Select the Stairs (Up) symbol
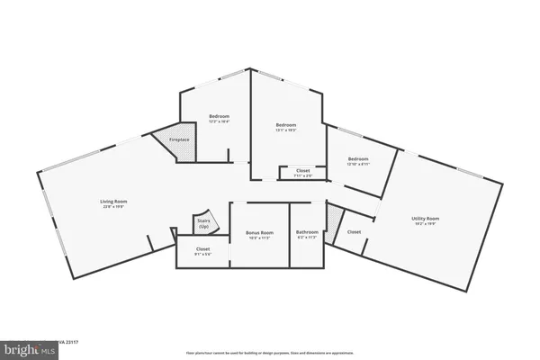tap(203, 222)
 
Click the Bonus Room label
tap(258, 233)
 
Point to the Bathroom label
tap(307, 233)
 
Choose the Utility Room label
tap(426, 219)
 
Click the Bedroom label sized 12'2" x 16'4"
tap(220, 116)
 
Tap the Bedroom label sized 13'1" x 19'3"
tap(286, 124)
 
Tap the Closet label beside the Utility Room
tap(354, 231)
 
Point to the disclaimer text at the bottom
tap(269, 353)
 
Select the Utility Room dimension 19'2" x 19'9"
tap(426, 224)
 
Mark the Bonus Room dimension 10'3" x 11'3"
tap(258, 238)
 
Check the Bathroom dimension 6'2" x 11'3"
tap(307, 238)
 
